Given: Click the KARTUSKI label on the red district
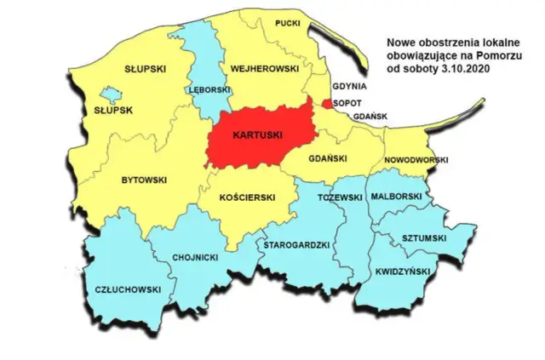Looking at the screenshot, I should click(259, 135).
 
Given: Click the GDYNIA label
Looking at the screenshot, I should click(350, 87).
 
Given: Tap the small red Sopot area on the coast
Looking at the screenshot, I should click(328, 104).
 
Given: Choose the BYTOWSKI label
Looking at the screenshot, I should click(144, 180).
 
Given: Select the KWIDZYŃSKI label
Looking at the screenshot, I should click(404, 272).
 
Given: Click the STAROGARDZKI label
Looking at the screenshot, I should click(296, 244).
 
